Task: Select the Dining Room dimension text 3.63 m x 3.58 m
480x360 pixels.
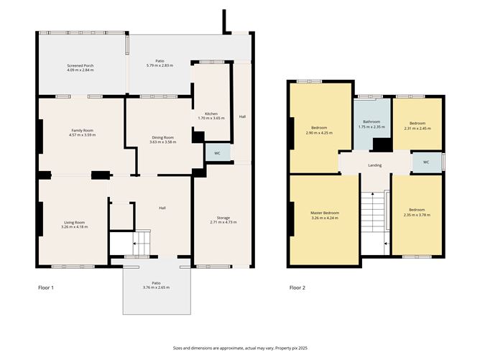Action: coord(163,142)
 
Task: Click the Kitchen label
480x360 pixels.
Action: coord(211,114)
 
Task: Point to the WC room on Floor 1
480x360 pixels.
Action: coord(217,152)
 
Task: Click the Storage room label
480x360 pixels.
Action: coord(223,218)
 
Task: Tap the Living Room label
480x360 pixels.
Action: coord(75,223)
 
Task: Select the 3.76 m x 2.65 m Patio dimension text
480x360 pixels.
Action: coord(156,287)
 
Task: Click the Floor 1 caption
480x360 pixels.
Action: coord(46,287)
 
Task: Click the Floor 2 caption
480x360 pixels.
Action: coord(297,287)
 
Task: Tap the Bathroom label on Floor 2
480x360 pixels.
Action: coord(371,121)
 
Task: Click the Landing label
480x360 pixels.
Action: coord(374,165)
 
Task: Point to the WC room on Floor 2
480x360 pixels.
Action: coord(426,162)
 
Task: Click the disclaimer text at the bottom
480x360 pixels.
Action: coord(240,348)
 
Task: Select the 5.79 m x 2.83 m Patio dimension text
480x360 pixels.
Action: coord(160,65)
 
